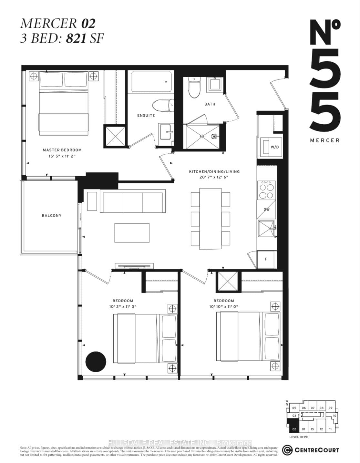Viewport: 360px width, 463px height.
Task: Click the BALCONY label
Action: [51, 215]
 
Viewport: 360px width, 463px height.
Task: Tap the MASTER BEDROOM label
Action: [62, 150]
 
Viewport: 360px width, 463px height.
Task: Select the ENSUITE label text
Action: [146, 115]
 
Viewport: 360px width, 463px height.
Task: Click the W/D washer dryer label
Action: [274, 147]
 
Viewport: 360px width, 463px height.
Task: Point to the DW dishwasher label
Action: [266, 209]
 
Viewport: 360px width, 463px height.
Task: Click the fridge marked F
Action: [266, 259]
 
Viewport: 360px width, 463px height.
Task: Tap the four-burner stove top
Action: [266, 190]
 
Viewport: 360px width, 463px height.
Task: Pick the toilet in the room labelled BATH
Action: [195, 89]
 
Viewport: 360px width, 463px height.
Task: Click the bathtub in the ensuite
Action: [150, 82]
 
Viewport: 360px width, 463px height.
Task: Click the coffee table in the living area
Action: [132, 233]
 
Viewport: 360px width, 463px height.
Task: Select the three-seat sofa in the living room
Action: [132, 202]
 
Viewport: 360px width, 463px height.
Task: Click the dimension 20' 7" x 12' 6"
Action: [214, 177]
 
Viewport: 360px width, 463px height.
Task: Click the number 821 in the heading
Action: [76, 39]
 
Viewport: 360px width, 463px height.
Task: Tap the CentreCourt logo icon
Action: [287, 450]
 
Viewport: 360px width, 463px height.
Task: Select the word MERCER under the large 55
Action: [324, 140]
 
